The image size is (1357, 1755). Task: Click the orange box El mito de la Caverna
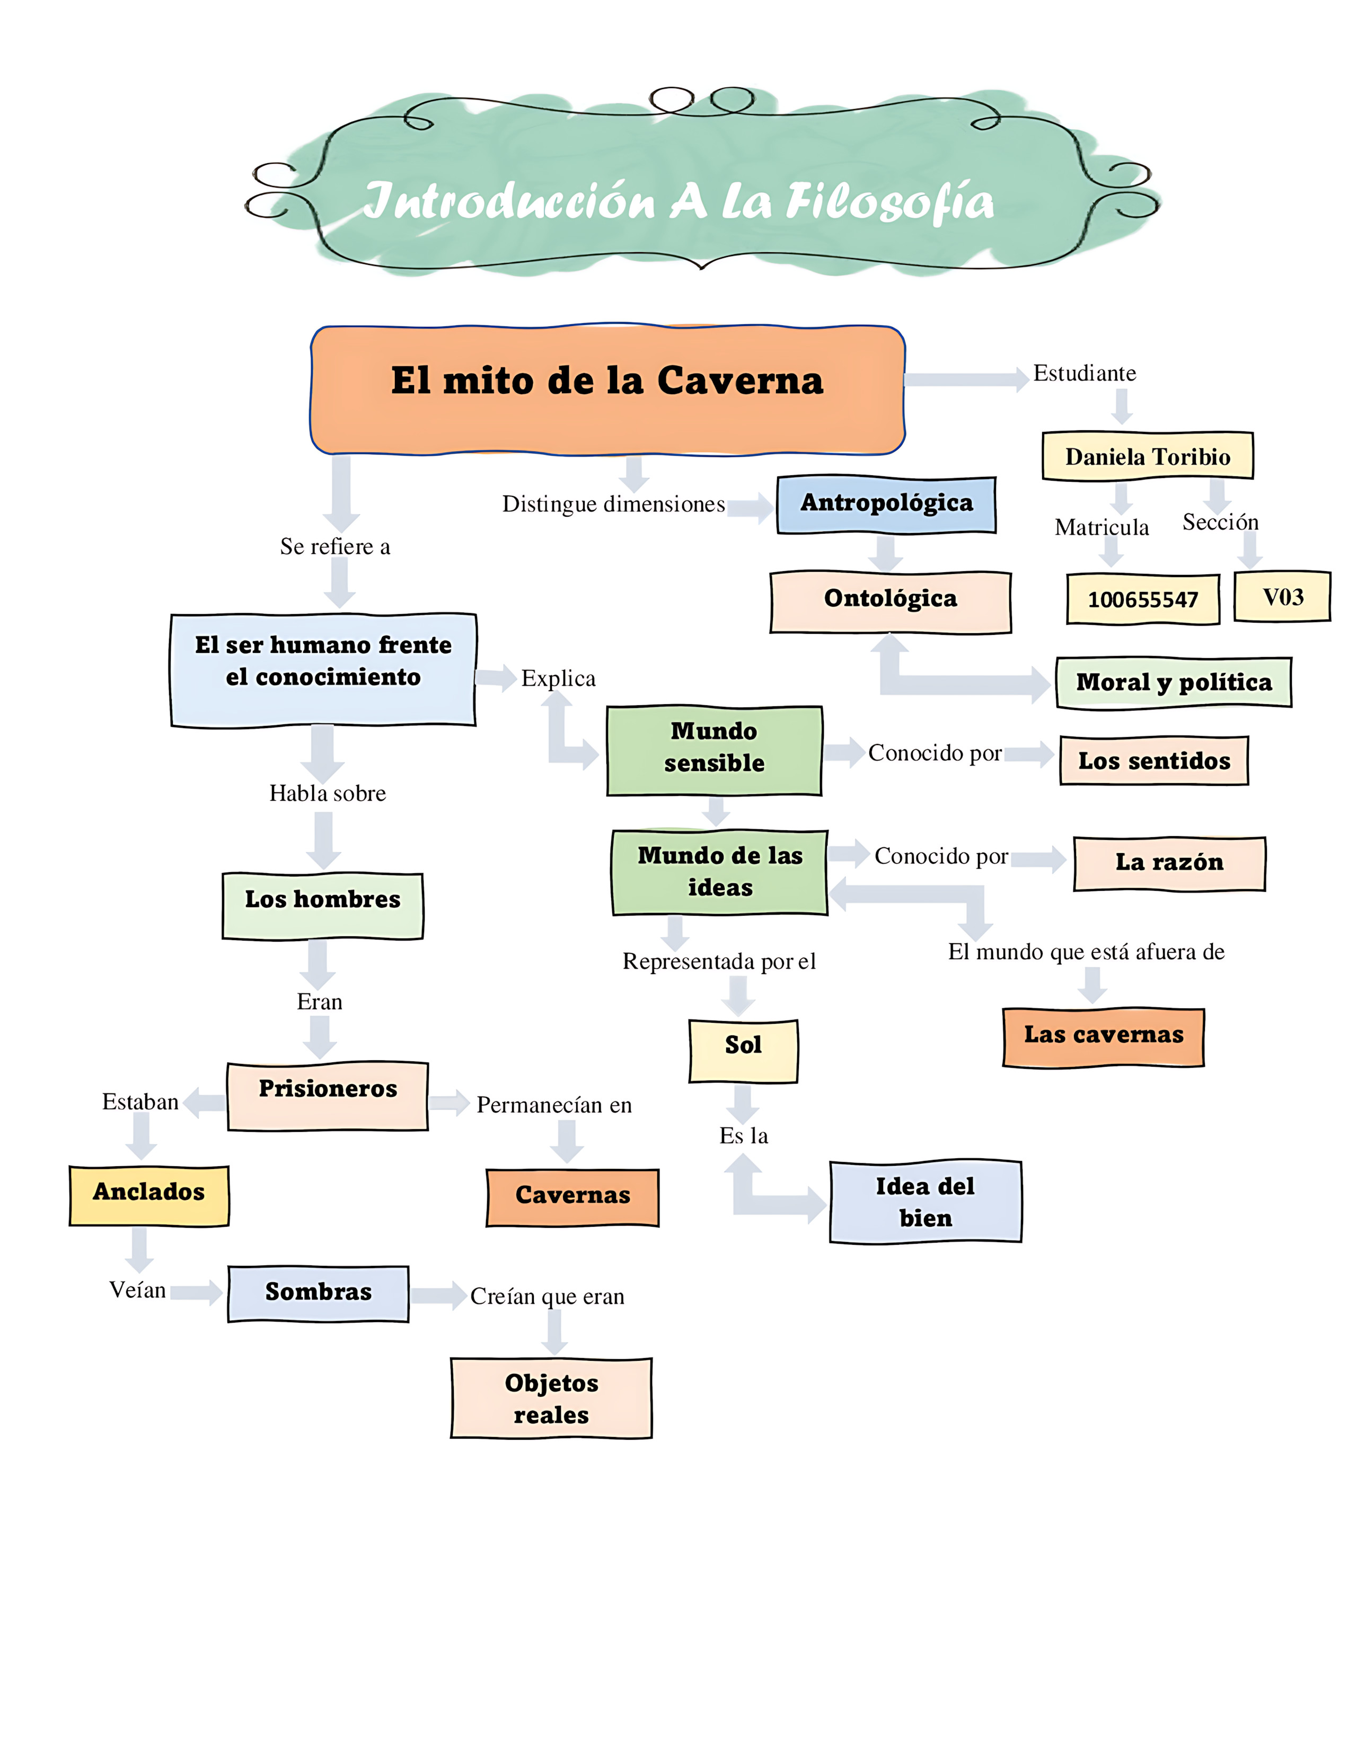coord(608,389)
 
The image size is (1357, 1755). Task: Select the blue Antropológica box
coord(886,504)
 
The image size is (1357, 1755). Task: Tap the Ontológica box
coord(890,601)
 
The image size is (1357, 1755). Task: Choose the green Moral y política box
coord(1173,682)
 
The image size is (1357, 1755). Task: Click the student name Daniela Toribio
coord(1147,456)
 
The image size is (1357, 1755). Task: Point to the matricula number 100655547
coord(1142,599)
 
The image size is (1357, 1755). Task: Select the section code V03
coord(1282,597)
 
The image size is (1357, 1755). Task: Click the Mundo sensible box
coord(714,750)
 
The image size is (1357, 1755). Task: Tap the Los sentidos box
coord(1153,760)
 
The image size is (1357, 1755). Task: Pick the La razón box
coord(1169,863)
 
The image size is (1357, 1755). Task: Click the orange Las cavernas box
coord(1103,1036)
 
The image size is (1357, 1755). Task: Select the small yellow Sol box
coord(743,1050)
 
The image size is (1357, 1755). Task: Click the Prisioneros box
coord(327,1095)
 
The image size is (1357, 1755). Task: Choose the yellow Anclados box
coord(149,1195)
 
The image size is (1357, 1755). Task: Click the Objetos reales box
coord(551,1398)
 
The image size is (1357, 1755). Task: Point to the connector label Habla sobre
coord(327,793)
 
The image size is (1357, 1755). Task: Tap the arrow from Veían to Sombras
coord(196,1292)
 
